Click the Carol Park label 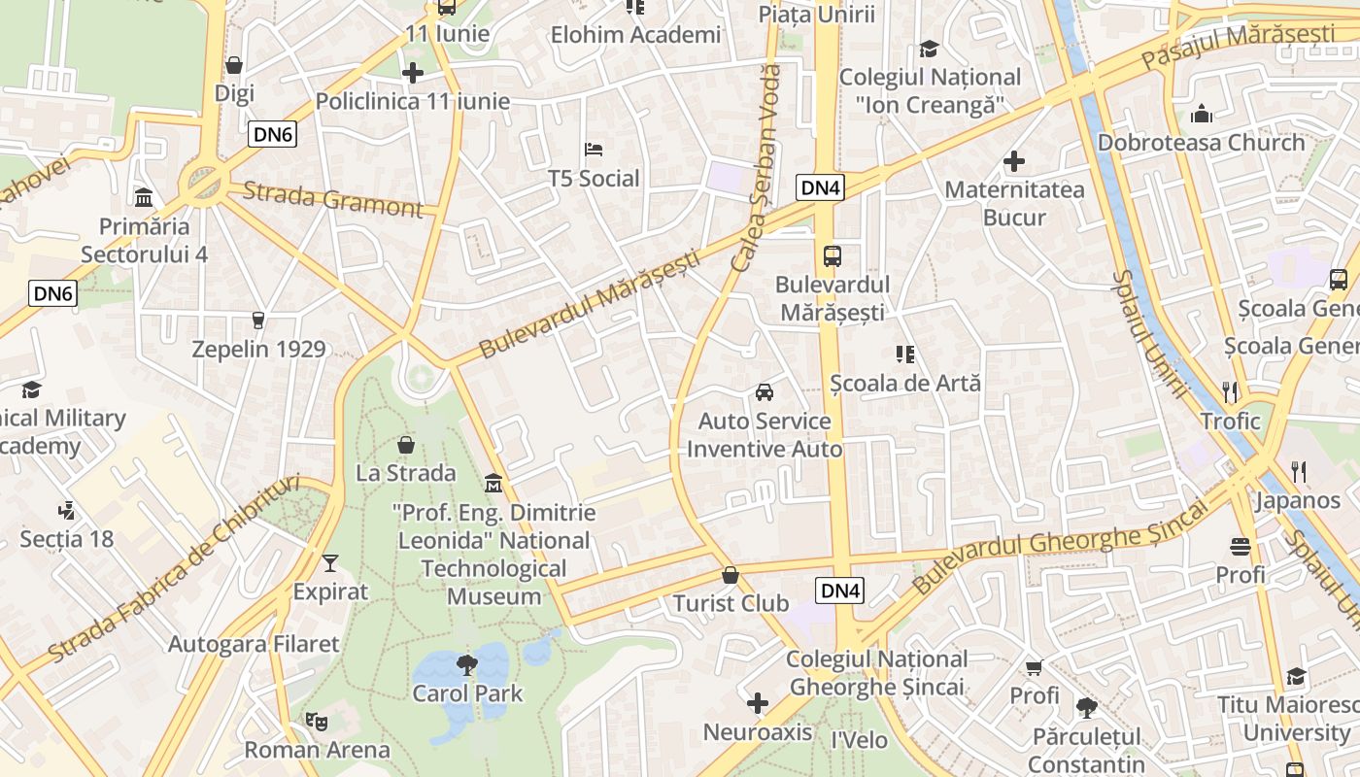coord(467,693)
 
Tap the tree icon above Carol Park coord(467,665)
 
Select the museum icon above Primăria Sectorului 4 coord(144,198)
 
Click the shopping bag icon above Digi coord(233,65)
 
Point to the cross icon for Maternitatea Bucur coord(1014,161)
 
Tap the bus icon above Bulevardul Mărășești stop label coord(833,256)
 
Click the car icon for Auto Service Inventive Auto coord(765,392)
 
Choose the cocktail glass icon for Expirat coord(330,563)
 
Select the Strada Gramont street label coord(333,199)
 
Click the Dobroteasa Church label coord(1201,143)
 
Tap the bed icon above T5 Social coord(594,150)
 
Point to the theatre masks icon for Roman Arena coord(316,721)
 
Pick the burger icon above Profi coord(1240,547)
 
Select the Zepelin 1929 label coord(258,349)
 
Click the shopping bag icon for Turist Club coord(731,575)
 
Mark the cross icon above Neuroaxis coord(758,703)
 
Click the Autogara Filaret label coord(254,644)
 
